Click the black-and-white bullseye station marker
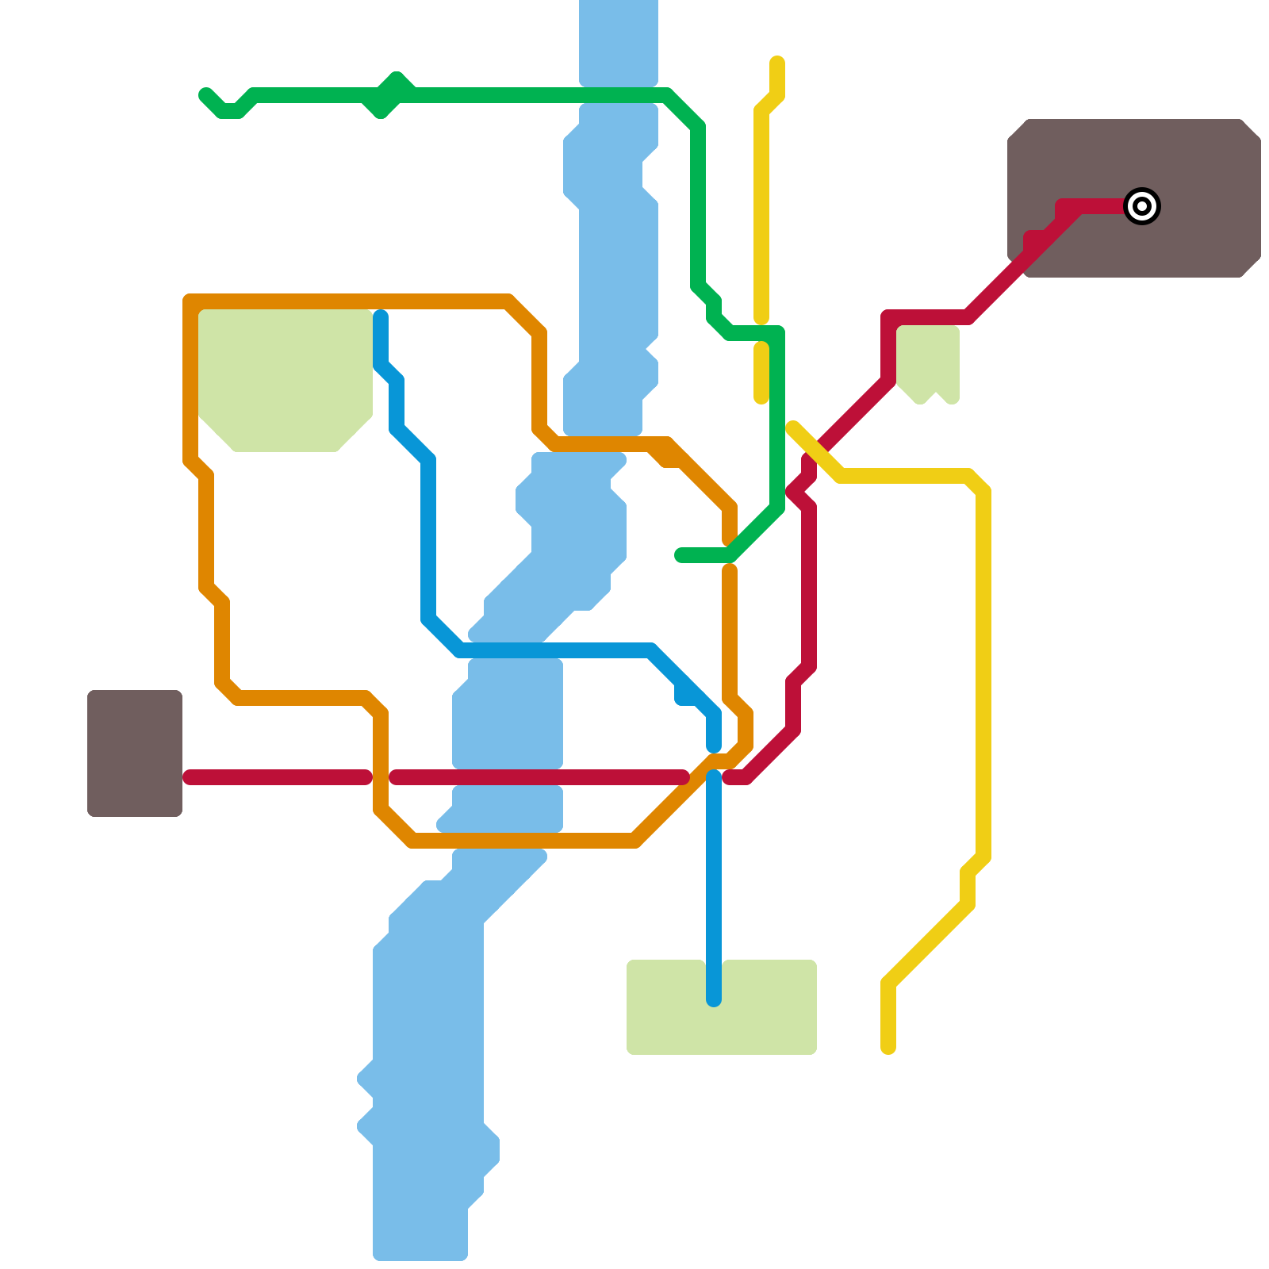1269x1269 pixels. coord(1142,206)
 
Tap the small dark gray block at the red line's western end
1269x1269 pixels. coord(135,753)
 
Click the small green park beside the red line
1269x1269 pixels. coord(928,361)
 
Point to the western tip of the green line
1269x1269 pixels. coord(205,95)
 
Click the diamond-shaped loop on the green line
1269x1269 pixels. coord(389,95)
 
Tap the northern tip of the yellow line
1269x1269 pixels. coord(777,63)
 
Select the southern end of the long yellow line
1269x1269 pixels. coord(888,1048)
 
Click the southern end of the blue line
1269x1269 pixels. coord(714,999)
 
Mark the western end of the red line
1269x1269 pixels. coord(190,777)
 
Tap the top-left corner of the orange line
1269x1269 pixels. coord(191,302)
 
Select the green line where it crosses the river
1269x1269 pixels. coord(619,95)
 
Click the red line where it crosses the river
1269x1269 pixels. coord(508,777)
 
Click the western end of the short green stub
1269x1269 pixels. coord(681,555)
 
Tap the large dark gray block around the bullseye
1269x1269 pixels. coord(1190,159)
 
